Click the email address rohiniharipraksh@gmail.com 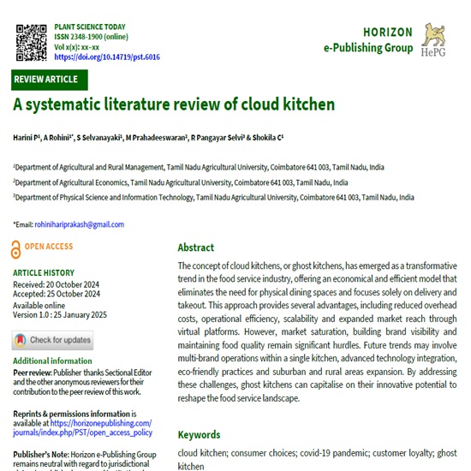tap(80, 224)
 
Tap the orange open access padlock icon tap(16, 249)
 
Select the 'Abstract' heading tap(195, 247)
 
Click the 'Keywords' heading tap(199, 434)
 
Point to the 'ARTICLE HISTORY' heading tap(47, 273)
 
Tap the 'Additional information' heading tap(53, 361)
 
